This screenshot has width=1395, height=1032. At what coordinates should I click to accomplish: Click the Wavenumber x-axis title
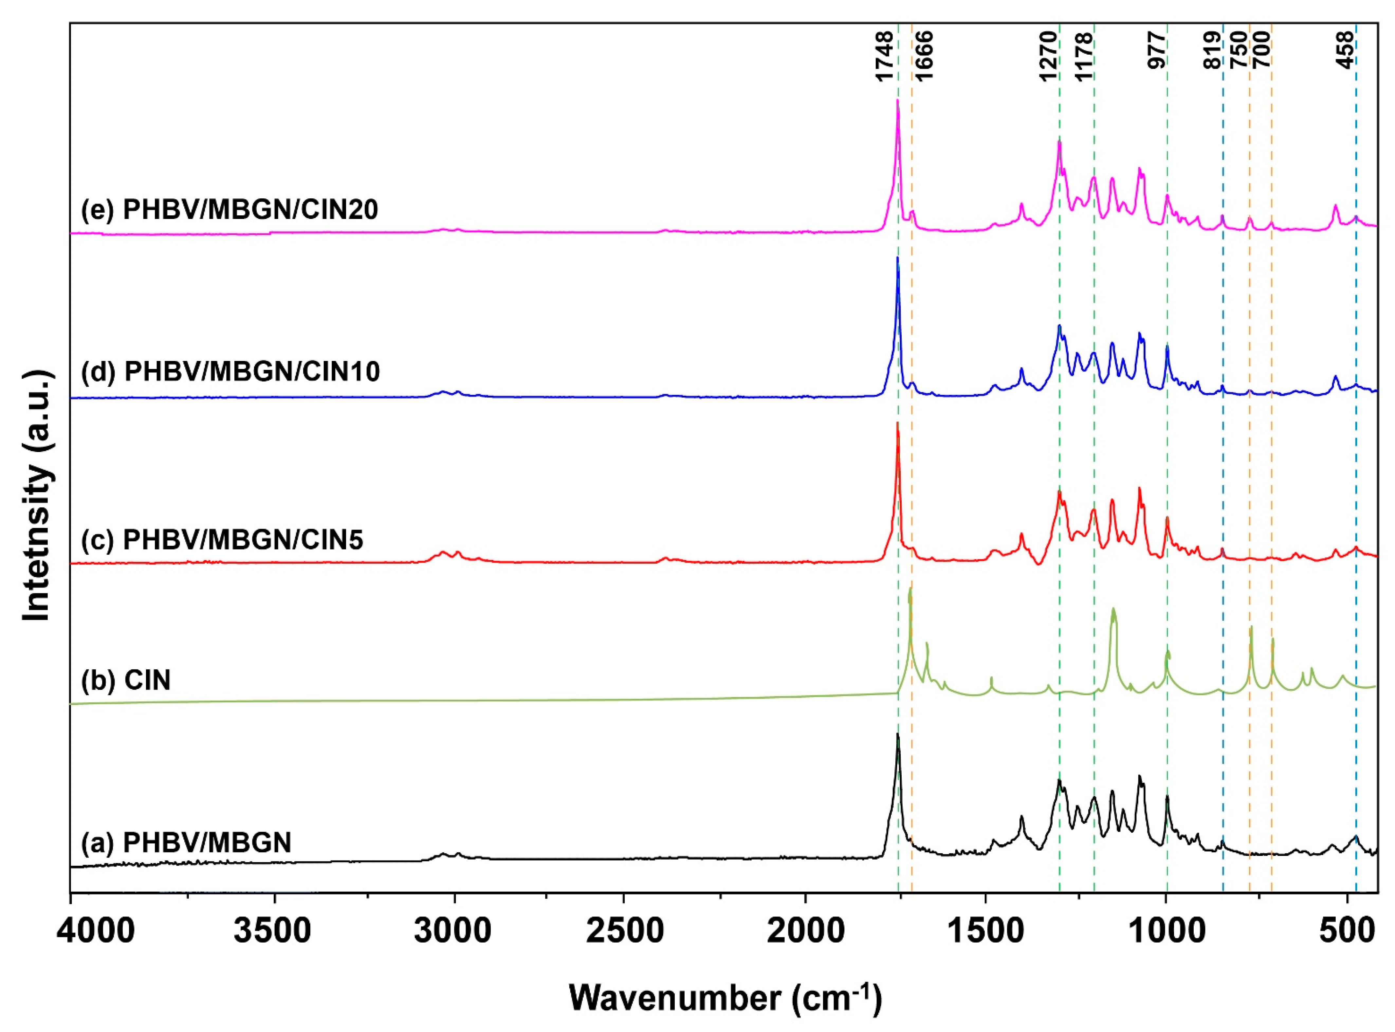[x=725, y=998]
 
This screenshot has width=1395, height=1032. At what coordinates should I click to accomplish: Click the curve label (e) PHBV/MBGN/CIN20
[x=229, y=209]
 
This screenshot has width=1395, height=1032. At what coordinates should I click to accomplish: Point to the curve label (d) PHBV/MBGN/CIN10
[x=230, y=372]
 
